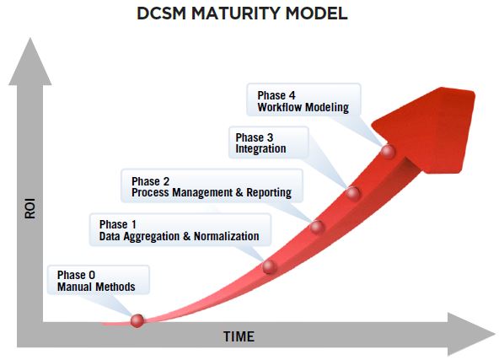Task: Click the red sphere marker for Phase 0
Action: [x=137, y=320]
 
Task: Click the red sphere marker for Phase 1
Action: [x=270, y=266]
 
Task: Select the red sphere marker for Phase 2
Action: [x=317, y=226]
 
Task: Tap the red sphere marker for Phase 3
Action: [x=354, y=194]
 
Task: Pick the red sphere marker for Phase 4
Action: [x=388, y=152]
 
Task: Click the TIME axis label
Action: [x=239, y=336]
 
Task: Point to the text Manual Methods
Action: [x=96, y=287]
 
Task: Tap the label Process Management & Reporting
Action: [x=211, y=192]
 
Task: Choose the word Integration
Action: [x=260, y=149]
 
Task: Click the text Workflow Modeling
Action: [x=303, y=107]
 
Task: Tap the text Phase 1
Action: [x=118, y=224]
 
